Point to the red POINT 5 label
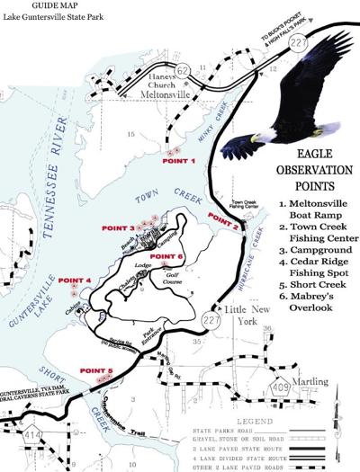(x=97, y=370)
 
